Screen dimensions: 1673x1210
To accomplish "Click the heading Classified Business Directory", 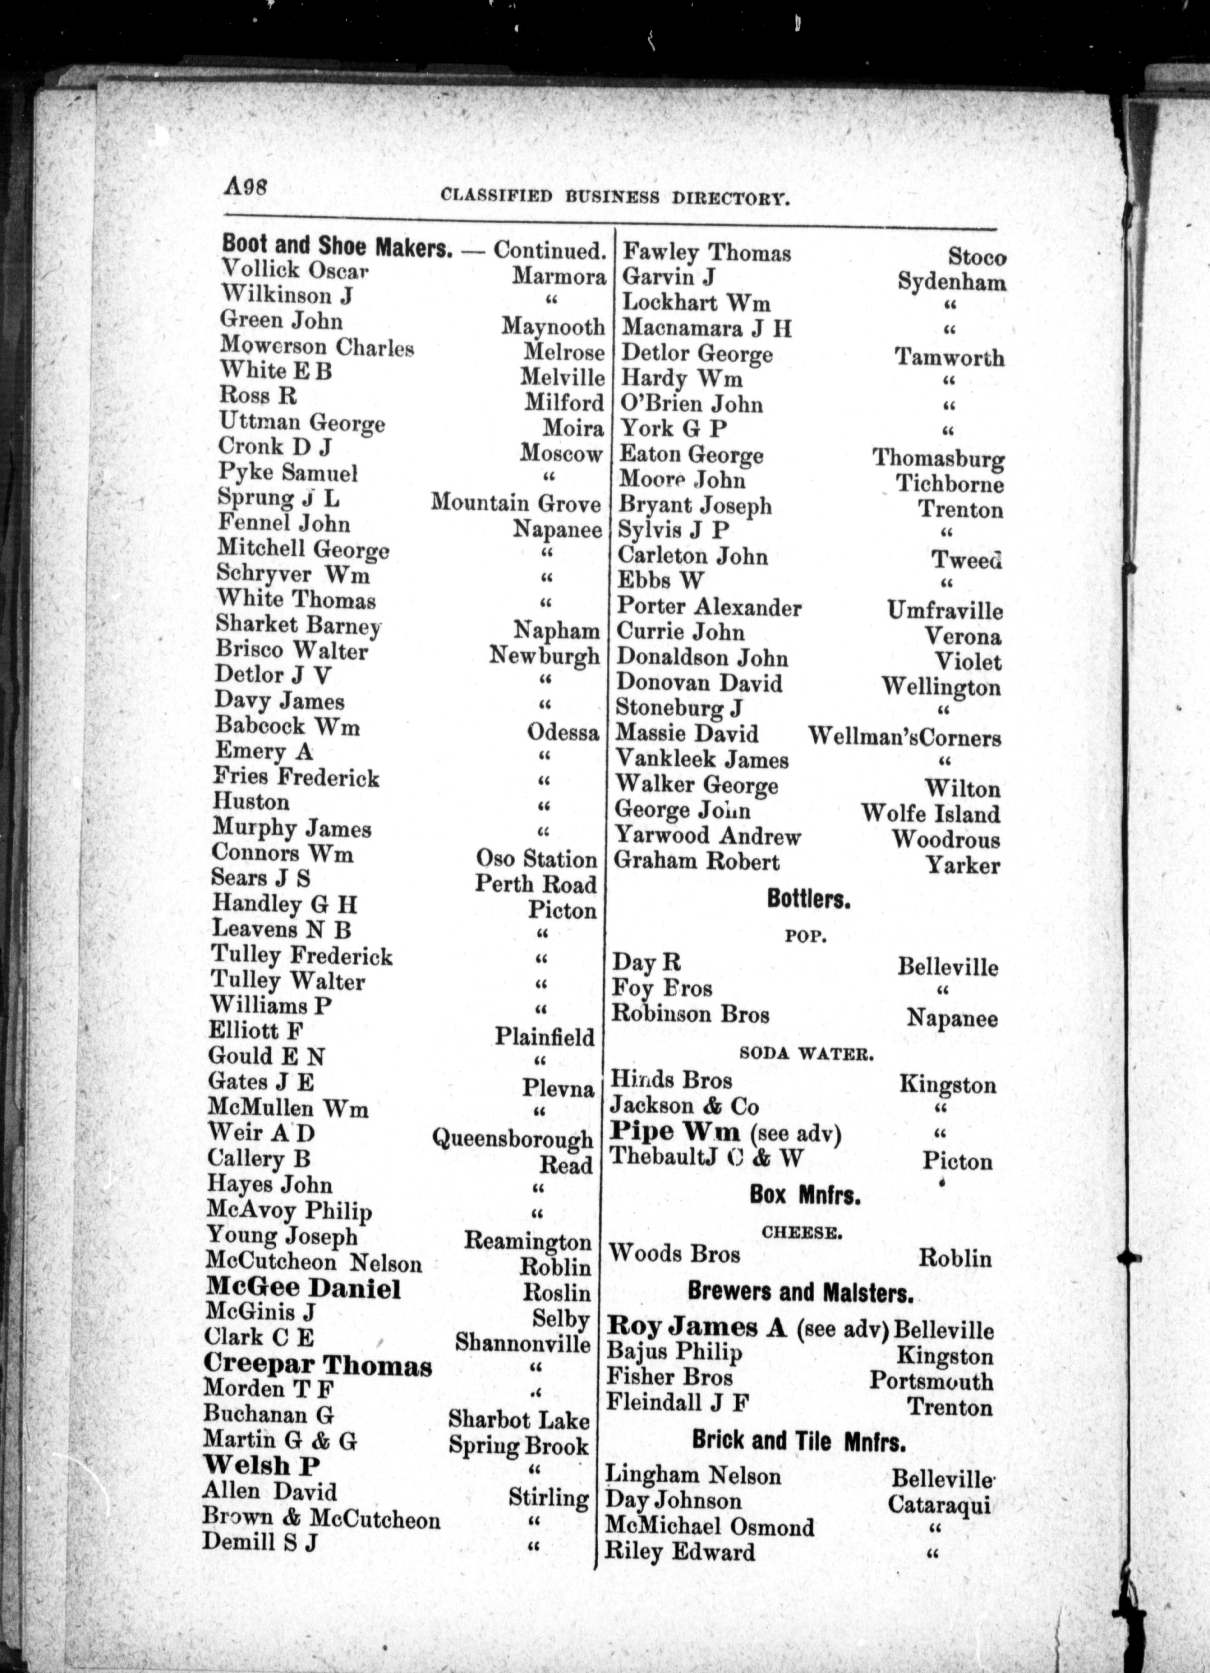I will [x=615, y=197].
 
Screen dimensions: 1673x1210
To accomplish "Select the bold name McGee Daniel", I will [x=303, y=1289].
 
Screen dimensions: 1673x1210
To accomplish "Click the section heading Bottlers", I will [x=808, y=899].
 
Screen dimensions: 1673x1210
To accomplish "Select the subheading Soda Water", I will [x=806, y=1054].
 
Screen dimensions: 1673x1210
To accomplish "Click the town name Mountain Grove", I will [x=516, y=504].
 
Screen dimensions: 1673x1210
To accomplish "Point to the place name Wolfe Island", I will [x=931, y=815].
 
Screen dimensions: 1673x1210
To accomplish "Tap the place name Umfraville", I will [x=944, y=611].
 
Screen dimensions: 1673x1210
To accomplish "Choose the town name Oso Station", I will [x=536, y=860].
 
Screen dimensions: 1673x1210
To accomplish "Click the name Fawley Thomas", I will [x=707, y=253].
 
